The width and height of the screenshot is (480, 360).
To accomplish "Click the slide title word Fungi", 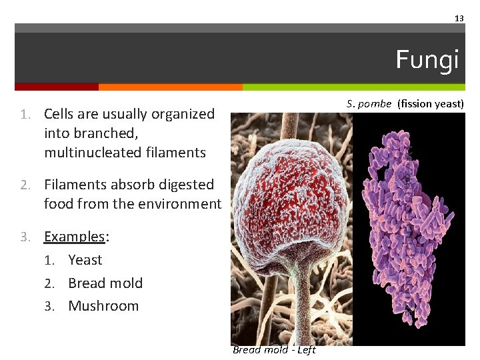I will (427, 60).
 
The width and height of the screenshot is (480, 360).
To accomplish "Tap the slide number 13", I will (459, 19).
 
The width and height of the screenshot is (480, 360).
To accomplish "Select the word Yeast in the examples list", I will (85, 260).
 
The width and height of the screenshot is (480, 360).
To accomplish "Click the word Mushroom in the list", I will (103, 306).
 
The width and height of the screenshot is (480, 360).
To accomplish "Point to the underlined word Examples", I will (75, 237).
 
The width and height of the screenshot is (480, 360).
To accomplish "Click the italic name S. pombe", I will (369, 103).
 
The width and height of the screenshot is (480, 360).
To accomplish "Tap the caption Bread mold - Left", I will (274, 350).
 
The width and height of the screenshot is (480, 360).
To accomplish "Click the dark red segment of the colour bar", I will (57, 87).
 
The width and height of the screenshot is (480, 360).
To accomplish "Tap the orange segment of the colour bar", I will (170, 87).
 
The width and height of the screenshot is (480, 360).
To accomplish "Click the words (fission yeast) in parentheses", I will (430, 103).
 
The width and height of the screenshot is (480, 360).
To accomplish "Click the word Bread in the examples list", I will (87, 283).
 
